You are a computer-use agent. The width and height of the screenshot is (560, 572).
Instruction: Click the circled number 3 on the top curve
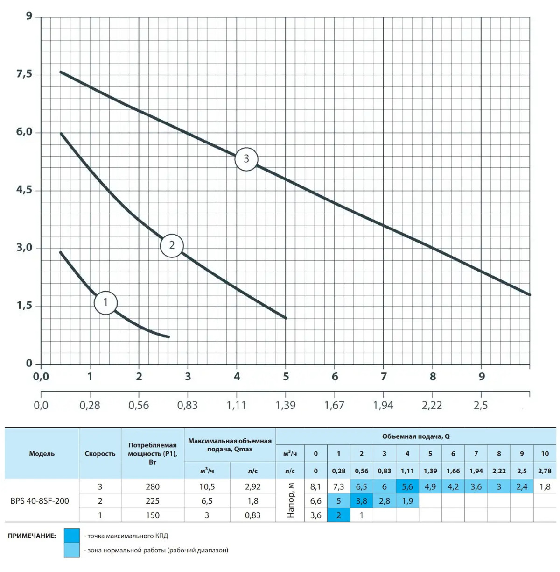pyautogui.click(x=246, y=159)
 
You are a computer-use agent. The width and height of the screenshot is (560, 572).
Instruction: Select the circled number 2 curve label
pyautogui.click(x=172, y=245)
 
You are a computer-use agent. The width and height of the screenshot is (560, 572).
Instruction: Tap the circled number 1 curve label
pyautogui.click(x=105, y=302)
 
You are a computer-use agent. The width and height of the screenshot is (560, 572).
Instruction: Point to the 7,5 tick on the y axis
pyautogui.click(x=24, y=74)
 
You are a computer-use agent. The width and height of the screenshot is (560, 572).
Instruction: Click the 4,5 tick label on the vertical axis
pyautogui.click(x=24, y=190)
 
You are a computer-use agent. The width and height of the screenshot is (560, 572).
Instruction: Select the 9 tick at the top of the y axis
pyautogui.click(x=29, y=16)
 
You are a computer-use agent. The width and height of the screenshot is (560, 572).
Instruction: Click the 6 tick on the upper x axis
pyautogui.click(x=335, y=377)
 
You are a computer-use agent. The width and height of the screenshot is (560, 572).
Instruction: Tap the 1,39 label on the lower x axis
pyautogui.click(x=285, y=405)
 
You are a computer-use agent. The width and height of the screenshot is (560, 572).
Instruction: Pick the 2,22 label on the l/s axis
pyautogui.click(x=432, y=405)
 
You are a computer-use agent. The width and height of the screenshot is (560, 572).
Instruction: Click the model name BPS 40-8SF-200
pyautogui.click(x=40, y=501)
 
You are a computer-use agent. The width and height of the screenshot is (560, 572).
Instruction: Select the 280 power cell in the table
pyautogui.click(x=153, y=486)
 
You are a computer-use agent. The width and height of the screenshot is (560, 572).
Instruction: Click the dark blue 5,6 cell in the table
pyautogui.click(x=407, y=486)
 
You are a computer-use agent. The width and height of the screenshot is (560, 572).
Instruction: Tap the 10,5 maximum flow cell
pyautogui.click(x=207, y=486)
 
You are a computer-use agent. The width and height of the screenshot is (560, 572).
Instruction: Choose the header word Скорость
pyautogui.click(x=100, y=453)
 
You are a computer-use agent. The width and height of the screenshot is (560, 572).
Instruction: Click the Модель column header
pyautogui.click(x=42, y=453)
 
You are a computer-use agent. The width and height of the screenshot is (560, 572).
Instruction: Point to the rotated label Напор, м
pyautogui.click(x=291, y=500)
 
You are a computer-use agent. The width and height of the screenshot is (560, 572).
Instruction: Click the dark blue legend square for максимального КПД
pyautogui.click(x=72, y=536)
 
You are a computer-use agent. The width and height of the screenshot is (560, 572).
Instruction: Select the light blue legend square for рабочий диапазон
pyautogui.click(x=72, y=550)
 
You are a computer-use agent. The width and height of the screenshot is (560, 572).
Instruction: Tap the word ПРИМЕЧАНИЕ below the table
pyautogui.click(x=32, y=536)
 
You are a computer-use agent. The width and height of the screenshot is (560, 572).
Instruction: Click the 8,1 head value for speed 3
pyautogui.click(x=315, y=486)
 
